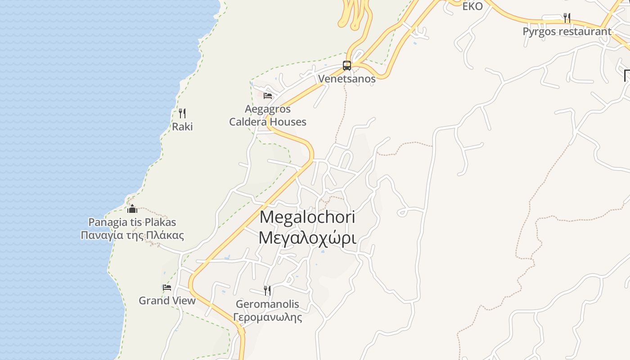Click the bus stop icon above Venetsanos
coord(347,66)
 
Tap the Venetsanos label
coord(346,79)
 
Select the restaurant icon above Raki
coord(182,113)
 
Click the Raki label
coord(182,126)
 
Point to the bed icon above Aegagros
coord(268,95)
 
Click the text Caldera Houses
coord(268,122)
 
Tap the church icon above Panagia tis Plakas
coord(132,209)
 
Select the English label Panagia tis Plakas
coord(132,222)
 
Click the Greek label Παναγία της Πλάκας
coord(132,235)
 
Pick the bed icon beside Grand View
coord(167,287)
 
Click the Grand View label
coord(167,301)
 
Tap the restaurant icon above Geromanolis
coord(267,290)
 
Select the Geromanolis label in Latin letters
coord(267,304)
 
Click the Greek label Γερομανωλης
coord(267,317)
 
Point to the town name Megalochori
coord(307,217)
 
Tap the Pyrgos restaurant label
coord(567,31)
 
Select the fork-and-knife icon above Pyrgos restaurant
coord(567,18)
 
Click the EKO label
coord(472,6)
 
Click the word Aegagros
coord(268,109)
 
